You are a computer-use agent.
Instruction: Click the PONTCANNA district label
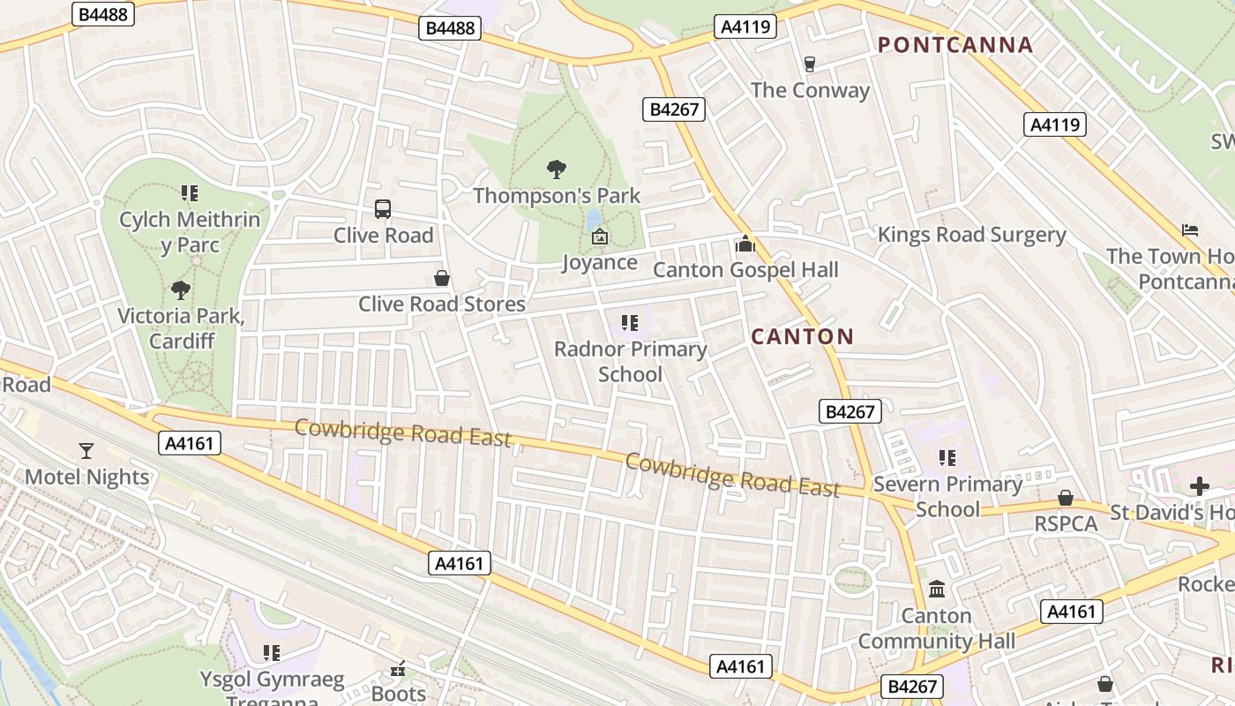(954, 45)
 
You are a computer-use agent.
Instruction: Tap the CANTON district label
(802, 336)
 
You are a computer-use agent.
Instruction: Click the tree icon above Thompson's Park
(556, 169)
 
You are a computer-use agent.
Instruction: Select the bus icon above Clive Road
(383, 209)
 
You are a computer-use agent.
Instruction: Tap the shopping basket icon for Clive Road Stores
(442, 279)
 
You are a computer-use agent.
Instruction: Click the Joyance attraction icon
(600, 237)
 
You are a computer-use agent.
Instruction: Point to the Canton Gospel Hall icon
(745, 244)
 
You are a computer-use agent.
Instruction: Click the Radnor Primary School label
(630, 361)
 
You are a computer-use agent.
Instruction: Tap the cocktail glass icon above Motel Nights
(86, 451)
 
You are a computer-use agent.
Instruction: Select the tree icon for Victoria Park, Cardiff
(181, 289)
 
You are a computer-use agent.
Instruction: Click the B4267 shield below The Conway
(675, 109)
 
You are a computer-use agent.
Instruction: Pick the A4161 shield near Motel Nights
(190, 443)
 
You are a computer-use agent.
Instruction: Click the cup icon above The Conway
(810, 64)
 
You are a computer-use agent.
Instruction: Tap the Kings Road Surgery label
(971, 235)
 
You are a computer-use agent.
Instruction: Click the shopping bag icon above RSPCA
(1066, 499)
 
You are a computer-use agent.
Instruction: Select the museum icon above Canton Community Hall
(937, 589)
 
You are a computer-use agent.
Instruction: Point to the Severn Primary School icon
(947, 458)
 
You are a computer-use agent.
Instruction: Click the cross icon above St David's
(1199, 485)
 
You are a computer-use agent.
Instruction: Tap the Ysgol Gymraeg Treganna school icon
(272, 653)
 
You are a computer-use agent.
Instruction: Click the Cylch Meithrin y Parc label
(191, 231)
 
